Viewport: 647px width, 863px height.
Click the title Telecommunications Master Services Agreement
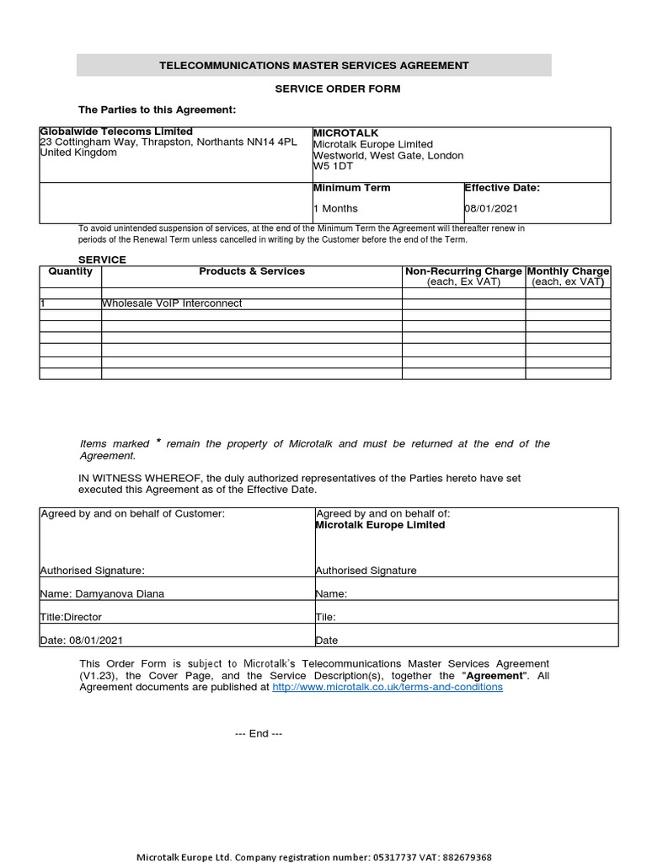[314, 65]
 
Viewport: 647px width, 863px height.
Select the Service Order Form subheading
[325, 88]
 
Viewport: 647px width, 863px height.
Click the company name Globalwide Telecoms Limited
[116, 131]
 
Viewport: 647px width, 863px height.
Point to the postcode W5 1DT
[333, 166]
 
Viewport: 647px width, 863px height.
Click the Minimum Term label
[351, 188]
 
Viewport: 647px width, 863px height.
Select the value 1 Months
[335, 208]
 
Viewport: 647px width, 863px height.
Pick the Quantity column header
[71, 271]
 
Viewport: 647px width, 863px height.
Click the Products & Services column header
[252, 271]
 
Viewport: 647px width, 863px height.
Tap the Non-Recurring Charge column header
[463, 271]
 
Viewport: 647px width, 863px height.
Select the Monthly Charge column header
[568, 271]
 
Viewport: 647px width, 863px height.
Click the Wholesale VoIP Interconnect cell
[172, 303]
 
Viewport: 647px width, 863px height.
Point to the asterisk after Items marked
[158, 443]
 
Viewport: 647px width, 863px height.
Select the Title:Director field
[71, 617]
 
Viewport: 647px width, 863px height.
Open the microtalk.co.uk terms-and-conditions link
[388, 687]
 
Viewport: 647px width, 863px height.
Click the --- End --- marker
[259, 733]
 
